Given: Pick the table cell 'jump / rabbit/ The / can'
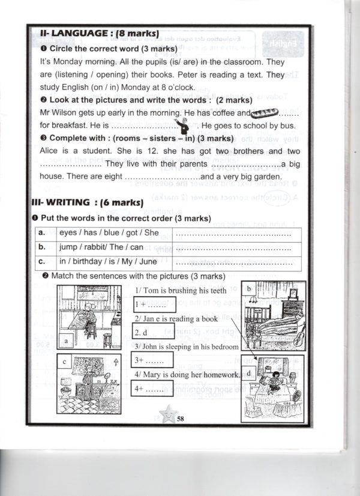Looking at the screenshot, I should [x=101, y=247].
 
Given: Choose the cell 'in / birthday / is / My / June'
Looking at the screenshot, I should [x=107, y=262].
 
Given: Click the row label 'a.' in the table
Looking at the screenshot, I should [x=43, y=233].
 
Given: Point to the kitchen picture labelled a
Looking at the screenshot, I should [x=91, y=316].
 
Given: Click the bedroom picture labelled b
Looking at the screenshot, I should [x=272, y=316].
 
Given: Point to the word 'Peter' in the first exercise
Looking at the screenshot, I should [x=196, y=74].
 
